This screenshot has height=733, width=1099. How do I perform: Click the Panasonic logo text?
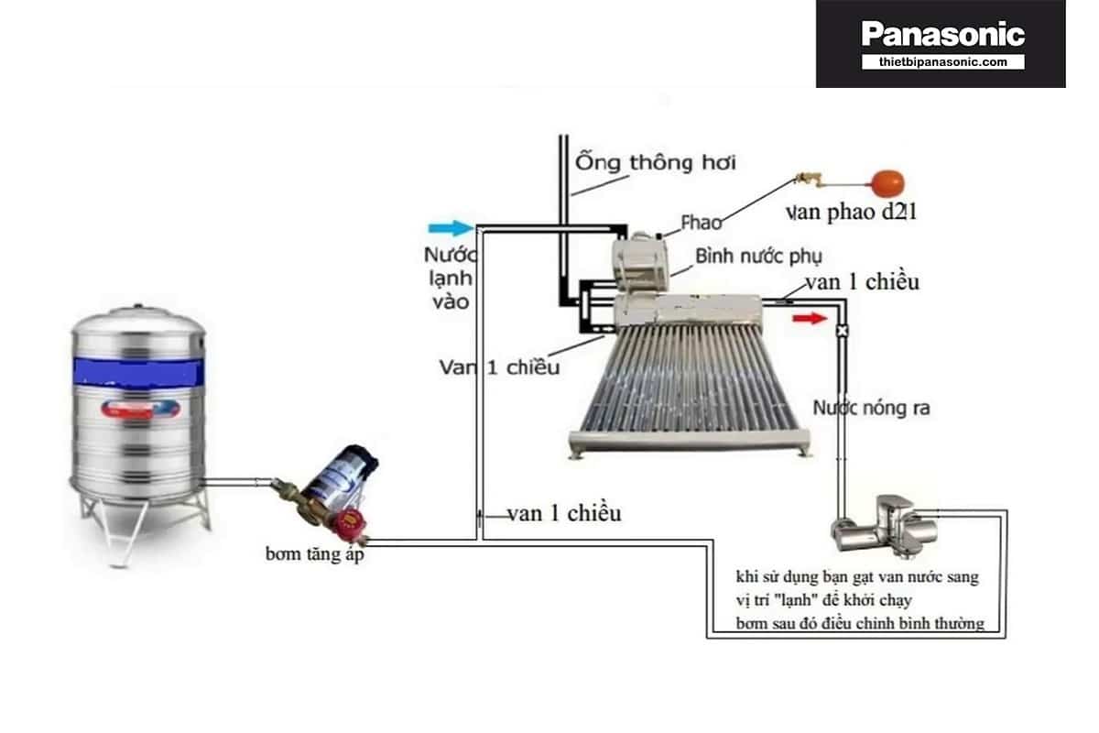pyautogui.click(x=942, y=35)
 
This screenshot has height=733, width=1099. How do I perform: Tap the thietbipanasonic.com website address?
pyautogui.click(x=942, y=62)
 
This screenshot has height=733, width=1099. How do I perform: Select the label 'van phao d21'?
pyautogui.click(x=851, y=213)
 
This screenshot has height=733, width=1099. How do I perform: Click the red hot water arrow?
pyautogui.click(x=809, y=318)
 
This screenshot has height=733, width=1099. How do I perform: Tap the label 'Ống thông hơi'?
pyautogui.click(x=655, y=162)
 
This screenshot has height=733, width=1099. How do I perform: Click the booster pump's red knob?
pyautogui.click(x=349, y=525)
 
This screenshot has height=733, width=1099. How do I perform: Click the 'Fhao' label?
pyautogui.click(x=701, y=223)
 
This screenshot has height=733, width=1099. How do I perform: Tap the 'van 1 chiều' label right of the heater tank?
pyautogui.click(x=861, y=282)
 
